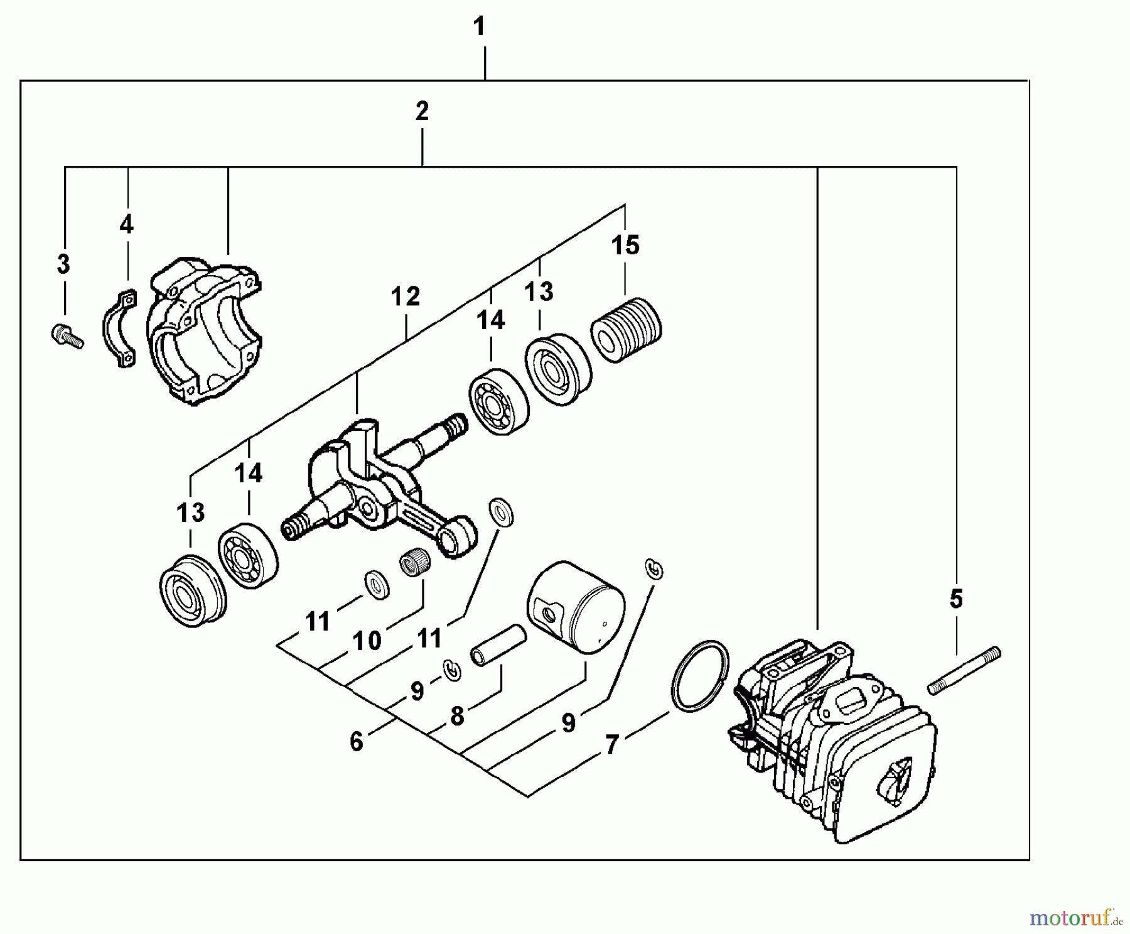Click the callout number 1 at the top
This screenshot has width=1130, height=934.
(479, 27)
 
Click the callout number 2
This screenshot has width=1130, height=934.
(422, 111)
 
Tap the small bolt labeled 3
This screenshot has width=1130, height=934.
(65, 335)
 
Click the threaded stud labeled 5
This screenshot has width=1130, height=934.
(964, 671)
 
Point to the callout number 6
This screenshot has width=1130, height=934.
(356, 742)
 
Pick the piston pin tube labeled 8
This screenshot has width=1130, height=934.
(499, 645)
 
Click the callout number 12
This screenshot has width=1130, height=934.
(405, 296)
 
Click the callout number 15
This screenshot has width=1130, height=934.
(625, 246)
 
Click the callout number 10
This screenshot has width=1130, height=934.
(367, 641)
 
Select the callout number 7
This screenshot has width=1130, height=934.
(611, 746)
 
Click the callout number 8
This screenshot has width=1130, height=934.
(457, 716)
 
